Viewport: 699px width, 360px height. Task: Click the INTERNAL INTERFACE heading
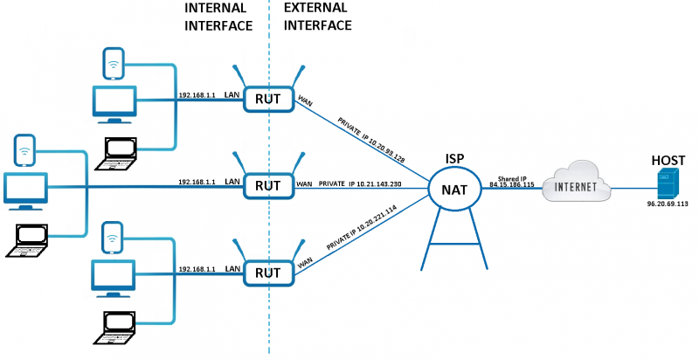218,16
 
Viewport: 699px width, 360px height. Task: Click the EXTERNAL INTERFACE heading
317,16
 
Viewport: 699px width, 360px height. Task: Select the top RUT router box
267,99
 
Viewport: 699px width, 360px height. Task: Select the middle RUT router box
267,185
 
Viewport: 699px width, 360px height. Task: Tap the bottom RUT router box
267,273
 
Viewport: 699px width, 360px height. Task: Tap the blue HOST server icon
668,184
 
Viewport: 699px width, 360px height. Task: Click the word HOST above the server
668,162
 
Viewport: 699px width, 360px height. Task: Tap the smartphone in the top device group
112,63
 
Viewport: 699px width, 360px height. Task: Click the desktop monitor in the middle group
26,190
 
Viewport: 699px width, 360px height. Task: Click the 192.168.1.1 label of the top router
197,94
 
